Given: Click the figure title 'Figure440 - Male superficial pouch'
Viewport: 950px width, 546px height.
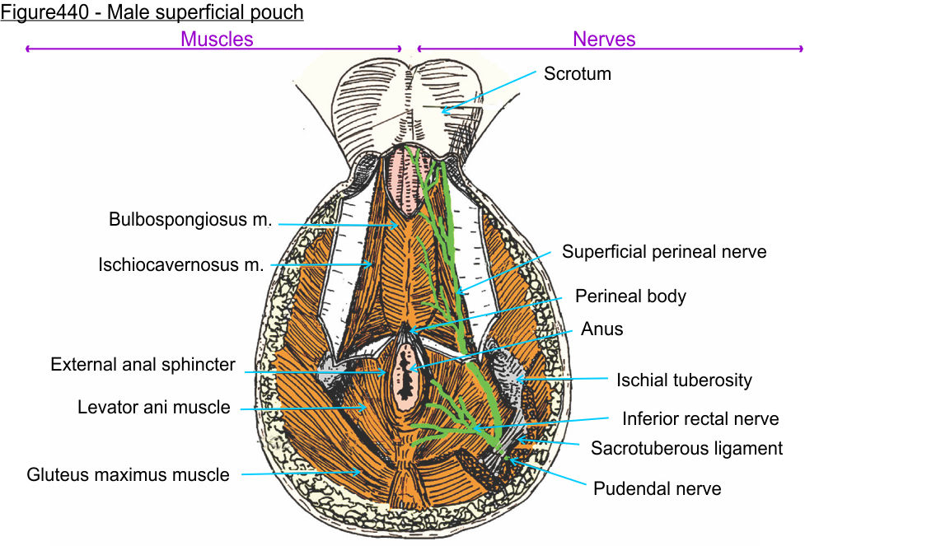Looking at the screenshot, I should pos(152,12).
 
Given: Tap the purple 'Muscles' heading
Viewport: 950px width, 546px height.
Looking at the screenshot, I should pos(217,39).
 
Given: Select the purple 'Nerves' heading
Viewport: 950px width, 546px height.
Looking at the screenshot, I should pos(604,39).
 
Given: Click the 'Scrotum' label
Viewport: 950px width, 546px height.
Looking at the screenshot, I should pos(577,73).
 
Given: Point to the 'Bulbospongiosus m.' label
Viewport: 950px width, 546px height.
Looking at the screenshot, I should pos(190,220).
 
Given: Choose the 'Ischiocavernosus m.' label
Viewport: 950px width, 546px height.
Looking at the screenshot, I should pos(181,265).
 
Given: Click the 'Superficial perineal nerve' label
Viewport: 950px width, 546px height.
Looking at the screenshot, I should pos(664,252).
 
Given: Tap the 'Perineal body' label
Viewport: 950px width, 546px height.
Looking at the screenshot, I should pos(630,296).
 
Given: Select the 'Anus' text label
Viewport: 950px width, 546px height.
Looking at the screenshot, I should pos(601,329).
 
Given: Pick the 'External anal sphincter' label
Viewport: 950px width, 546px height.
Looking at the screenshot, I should pos(143,364).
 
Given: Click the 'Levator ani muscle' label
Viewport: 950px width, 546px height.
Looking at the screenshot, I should pos(154,407).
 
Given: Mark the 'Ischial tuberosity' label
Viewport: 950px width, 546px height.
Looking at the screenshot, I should pos(684,380).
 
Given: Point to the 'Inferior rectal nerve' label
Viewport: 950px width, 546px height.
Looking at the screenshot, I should pos(700,418).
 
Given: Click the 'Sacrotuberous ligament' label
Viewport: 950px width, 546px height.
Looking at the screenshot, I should pos(686,448).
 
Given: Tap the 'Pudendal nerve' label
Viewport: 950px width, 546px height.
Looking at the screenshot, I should pos(657,488).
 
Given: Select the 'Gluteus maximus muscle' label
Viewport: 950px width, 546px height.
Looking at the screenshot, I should pos(128,474).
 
